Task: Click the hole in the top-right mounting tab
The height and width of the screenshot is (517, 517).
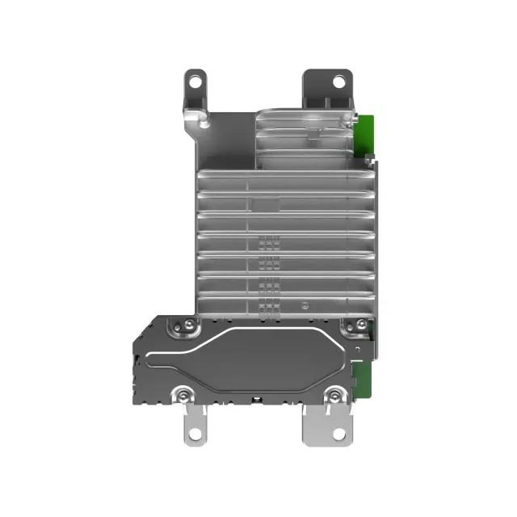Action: (339, 81)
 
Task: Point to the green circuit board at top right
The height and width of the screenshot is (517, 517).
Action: (367, 132)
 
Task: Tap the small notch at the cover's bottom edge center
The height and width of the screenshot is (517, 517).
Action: (255, 400)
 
